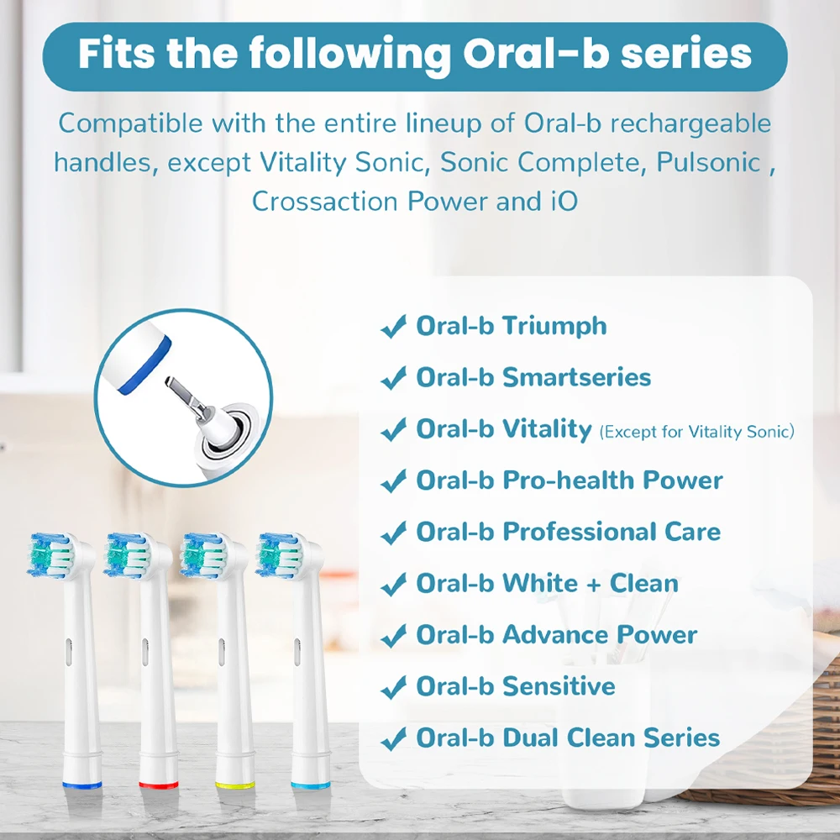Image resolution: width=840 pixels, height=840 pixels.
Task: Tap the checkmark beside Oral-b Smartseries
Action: (x=393, y=379)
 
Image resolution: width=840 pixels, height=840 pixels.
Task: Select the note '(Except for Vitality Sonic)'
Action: (x=696, y=433)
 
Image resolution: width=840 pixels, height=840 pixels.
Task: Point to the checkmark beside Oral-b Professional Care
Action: (x=393, y=533)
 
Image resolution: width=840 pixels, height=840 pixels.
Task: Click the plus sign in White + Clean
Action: (x=593, y=584)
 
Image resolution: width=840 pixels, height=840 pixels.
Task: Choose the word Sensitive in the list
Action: (x=559, y=686)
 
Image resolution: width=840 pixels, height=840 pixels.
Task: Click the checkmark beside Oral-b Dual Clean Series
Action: (x=393, y=740)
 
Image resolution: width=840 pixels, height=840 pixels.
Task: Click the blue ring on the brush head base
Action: (x=83, y=785)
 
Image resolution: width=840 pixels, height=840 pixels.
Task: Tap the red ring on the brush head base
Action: (x=159, y=785)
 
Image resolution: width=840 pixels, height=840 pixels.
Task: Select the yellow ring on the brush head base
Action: (x=234, y=785)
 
